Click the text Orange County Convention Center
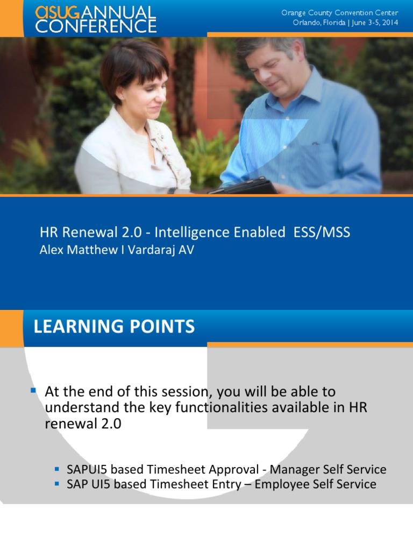point(340,12)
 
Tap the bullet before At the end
point(33,389)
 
